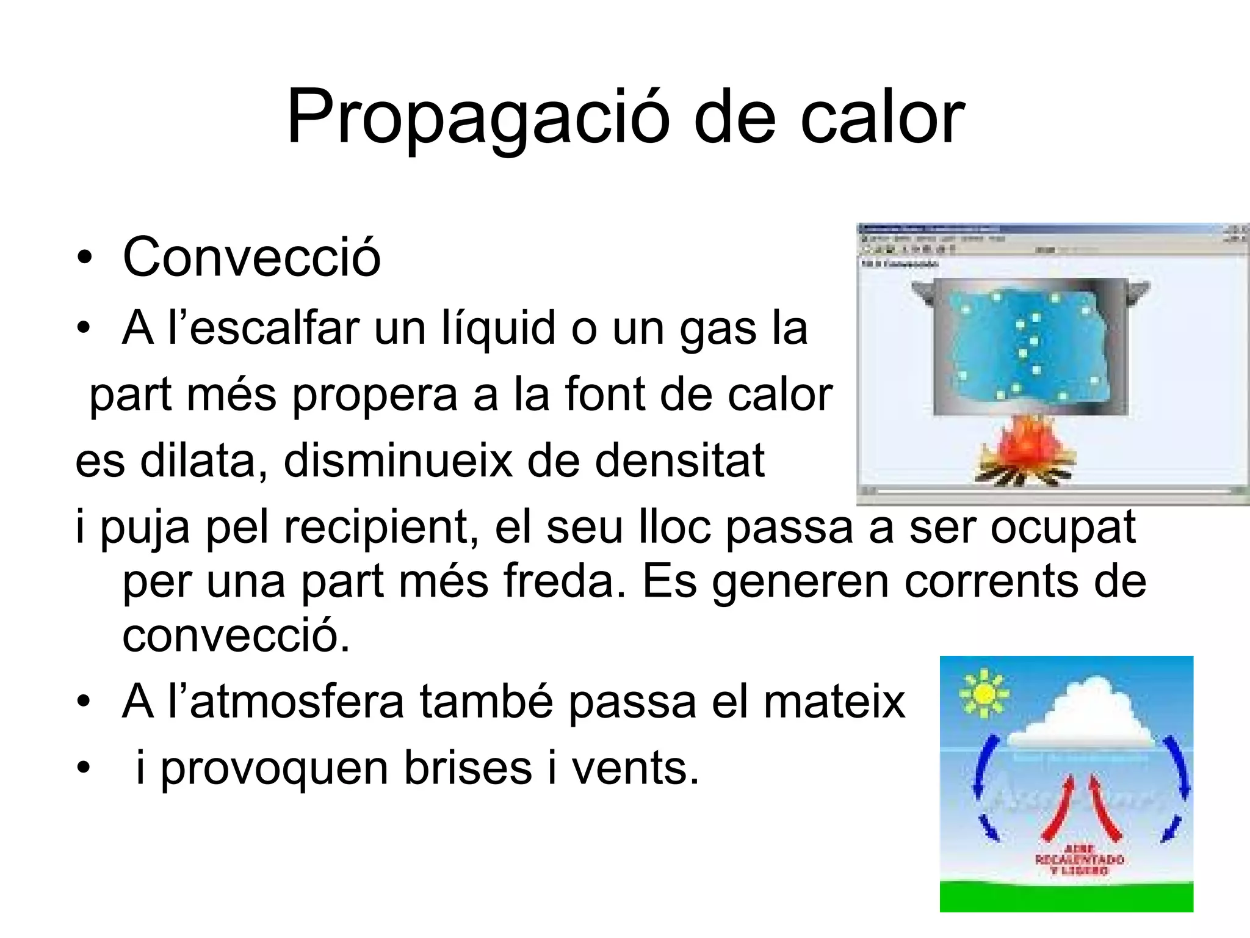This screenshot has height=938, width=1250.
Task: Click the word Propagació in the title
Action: tap(478, 117)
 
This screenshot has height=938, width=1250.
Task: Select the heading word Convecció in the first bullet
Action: tap(251, 257)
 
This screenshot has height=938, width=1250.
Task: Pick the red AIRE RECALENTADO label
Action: tap(1079, 859)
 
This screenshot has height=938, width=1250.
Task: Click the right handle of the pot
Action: tap(1136, 291)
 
